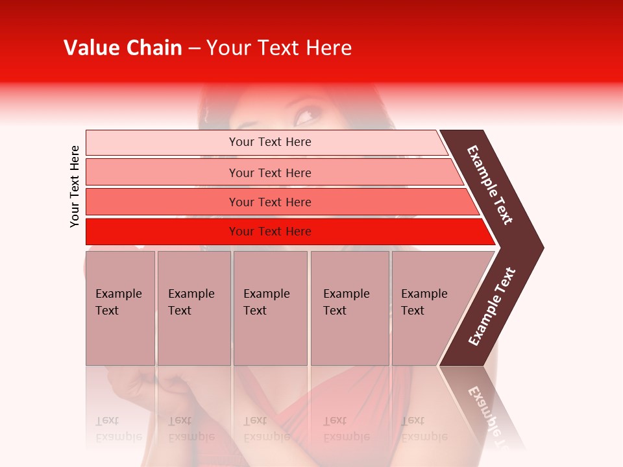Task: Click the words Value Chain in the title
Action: (123, 48)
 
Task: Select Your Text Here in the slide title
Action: (279, 48)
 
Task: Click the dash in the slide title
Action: (194, 49)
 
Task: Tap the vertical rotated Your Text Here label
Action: (75, 186)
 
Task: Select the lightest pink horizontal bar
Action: (162, 142)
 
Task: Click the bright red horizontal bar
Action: (162, 232)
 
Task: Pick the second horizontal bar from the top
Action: (162, 173)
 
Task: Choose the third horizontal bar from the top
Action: (162, 202)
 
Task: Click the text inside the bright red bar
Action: (270, 232)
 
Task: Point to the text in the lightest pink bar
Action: (270, 142)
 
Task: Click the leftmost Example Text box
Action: (120, 308)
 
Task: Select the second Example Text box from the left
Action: (193, 308)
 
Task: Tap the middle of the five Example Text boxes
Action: (270, 308)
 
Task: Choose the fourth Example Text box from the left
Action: (350, 308)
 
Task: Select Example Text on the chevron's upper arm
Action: (490, 185)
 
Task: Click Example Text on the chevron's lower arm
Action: (492, 306)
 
